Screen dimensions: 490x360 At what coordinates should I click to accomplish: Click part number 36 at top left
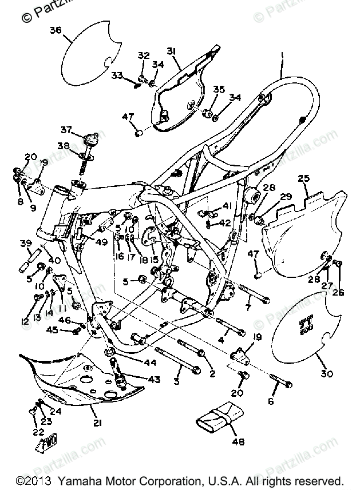(x=56, y=31)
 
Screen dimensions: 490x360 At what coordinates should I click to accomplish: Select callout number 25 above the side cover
(x=304, y=180)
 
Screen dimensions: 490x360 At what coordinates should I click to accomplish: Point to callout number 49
(x=102, y=241)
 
